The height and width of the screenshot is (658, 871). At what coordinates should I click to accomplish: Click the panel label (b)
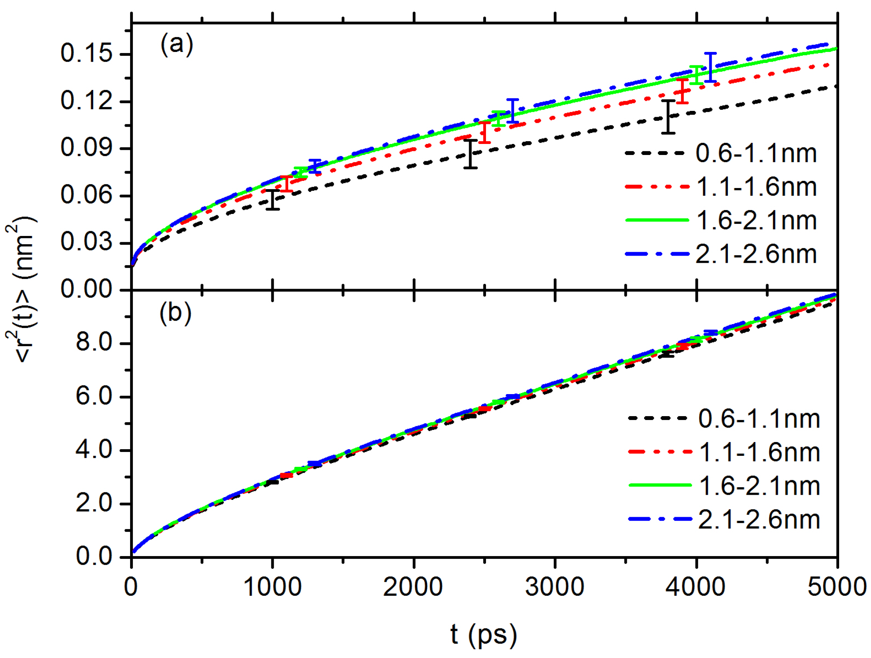(176, 313)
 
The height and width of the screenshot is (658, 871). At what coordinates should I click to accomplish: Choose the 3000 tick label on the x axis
(554, 587)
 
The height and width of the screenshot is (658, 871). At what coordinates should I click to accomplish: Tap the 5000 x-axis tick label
(836, 587)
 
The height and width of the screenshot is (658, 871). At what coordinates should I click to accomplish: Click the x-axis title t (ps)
(484, 634)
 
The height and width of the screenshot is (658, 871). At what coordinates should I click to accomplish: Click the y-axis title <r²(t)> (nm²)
(22, 289)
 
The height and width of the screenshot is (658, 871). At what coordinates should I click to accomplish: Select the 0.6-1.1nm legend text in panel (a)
(756, 153)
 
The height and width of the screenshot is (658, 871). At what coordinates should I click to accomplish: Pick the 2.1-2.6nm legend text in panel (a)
(756, 254)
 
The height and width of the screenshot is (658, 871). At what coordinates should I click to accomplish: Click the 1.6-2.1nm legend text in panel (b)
(760, 486)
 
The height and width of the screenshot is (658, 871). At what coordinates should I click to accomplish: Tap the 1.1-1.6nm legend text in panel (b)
(760, 452)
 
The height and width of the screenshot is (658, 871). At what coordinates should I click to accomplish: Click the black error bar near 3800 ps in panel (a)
(668, 117)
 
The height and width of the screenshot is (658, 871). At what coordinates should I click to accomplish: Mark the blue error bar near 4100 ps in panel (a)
(710, 67)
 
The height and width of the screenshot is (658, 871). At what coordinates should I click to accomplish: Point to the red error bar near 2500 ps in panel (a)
(484, 133)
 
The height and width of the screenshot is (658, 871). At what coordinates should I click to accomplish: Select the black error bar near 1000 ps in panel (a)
(273, 200)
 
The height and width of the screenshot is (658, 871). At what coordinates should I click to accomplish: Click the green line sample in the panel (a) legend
(657, 220)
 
